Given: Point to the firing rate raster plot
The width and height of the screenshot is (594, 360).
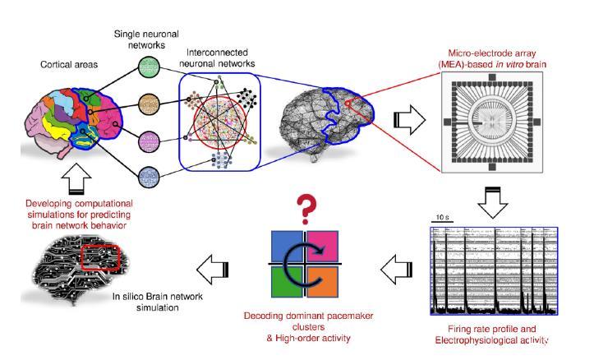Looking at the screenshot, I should coord(494,270).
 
